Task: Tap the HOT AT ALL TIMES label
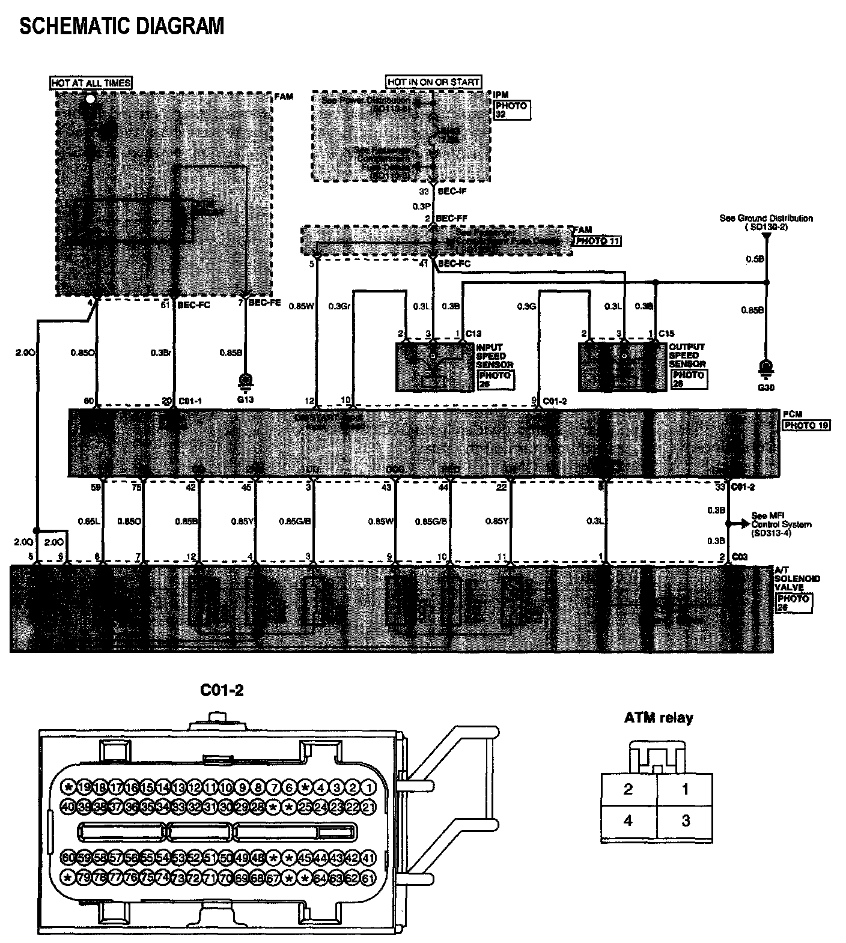[91, 83]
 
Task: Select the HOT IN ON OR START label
[433, 82]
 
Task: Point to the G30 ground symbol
[765, 368]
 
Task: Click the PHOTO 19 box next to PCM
[806, 425]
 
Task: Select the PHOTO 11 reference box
[598, 241]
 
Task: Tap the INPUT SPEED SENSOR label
[495, 356]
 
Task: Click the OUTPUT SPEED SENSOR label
[687, 356]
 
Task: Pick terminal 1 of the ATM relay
[685, 789]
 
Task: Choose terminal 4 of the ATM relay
[628, 820]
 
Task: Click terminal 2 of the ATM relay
[628, 789]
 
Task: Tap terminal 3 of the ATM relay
[685, 820]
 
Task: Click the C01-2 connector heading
[222, 691]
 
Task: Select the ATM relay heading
[659, 717]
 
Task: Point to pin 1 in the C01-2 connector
[369, 787]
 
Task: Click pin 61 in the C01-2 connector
[369, 878]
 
